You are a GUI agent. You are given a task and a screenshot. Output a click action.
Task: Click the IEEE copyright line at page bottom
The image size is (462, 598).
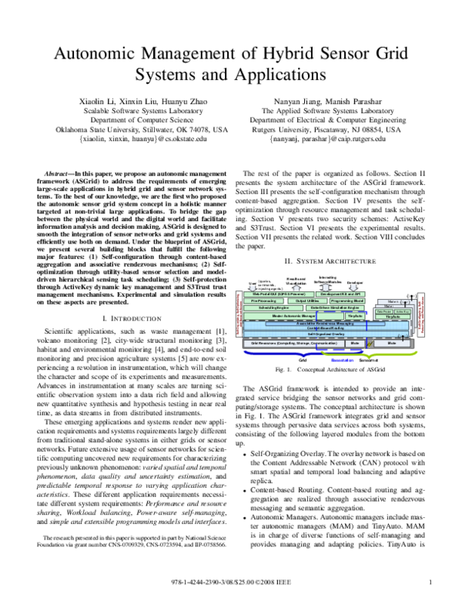click(x=231, y=582)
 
